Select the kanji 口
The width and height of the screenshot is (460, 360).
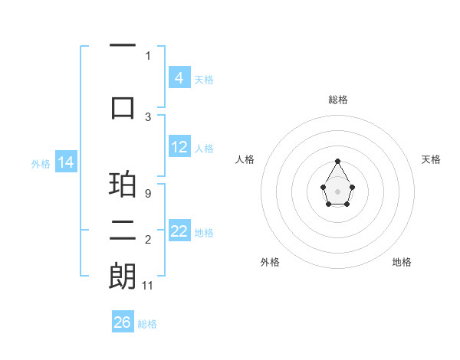point(123,106)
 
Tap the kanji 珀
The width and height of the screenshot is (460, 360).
point(123,184)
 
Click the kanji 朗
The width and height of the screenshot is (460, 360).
point(123,276)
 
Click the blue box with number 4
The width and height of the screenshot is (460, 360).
point(179,77)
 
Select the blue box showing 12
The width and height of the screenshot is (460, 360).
point(179,147)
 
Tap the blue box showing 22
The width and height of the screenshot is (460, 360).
point(179,231)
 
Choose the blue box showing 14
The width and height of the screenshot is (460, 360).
point(66,162)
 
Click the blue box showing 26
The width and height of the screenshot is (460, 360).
point(122,322)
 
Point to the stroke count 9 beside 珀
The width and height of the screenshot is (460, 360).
point(147,194)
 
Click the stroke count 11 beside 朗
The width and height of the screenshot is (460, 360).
point(149,286)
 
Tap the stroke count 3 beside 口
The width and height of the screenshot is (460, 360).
point(148,116)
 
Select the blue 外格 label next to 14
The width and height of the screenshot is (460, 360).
point(41,163)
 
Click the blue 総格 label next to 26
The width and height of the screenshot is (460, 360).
point(147,324)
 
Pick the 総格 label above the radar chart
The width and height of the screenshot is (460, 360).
point(337,100)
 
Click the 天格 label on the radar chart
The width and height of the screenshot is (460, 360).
point(431,159)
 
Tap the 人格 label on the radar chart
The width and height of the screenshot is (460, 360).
point(245,159)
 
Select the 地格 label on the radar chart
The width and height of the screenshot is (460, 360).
point(402,262)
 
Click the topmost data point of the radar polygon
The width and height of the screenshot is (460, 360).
point(337,161)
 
